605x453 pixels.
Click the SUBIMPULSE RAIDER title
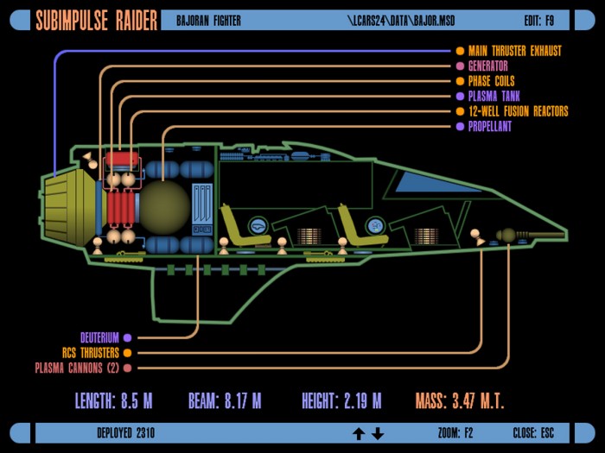(x=97, y=21)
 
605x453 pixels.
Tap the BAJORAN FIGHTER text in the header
(x=208, y=21)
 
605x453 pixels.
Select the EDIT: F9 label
(x=538, y=21)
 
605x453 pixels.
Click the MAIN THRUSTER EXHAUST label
(x=515, y=51)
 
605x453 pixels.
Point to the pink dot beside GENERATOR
(x=460, y=66)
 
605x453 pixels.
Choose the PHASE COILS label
(x=491, y=81)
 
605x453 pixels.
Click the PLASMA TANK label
(x=494, y=96)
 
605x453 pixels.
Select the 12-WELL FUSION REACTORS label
(x=519, y=111)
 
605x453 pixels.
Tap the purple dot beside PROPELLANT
(x=460, y=126)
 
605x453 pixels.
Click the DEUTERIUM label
(x=99, y=338)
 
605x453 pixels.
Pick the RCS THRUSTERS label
(x=91, y=353)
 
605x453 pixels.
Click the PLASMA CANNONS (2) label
(x=77, y=368)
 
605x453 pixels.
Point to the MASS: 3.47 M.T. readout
(x=460, y=401)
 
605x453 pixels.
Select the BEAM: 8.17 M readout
(x=225, y=401)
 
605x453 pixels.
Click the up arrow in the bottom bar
(x=359, y=434)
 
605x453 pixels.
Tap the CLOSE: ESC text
(x=533, y=433)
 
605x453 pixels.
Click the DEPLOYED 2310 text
(x=126, y=433)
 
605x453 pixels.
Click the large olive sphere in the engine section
(x=165, y=207)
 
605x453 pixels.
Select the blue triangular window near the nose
(x=436, y=182)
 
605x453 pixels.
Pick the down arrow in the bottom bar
(x=378, y=434)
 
